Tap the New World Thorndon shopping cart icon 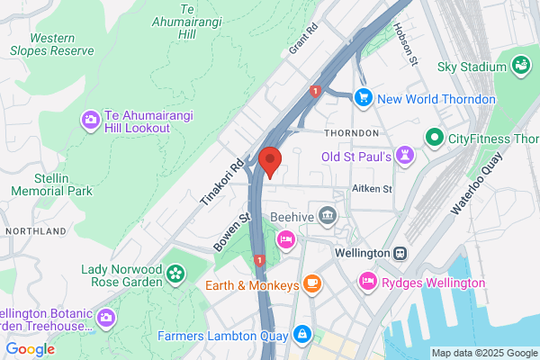364,96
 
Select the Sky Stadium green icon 520,64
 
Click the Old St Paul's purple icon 406,157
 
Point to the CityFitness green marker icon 434,139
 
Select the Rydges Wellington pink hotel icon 367,282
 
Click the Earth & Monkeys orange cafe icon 311,285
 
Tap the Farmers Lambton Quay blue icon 301,335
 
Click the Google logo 30,349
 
